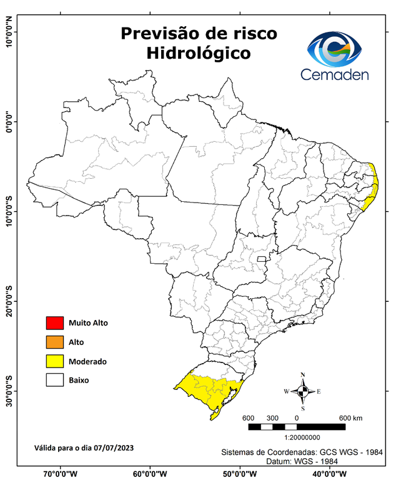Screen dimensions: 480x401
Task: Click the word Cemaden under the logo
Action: click(335, 74)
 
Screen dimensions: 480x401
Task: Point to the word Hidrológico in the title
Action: click(199, 54)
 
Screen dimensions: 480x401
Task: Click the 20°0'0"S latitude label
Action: click(9, 301)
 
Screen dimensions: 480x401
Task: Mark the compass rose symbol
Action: click(303, 391)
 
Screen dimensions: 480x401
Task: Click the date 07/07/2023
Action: click(112, 447)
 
